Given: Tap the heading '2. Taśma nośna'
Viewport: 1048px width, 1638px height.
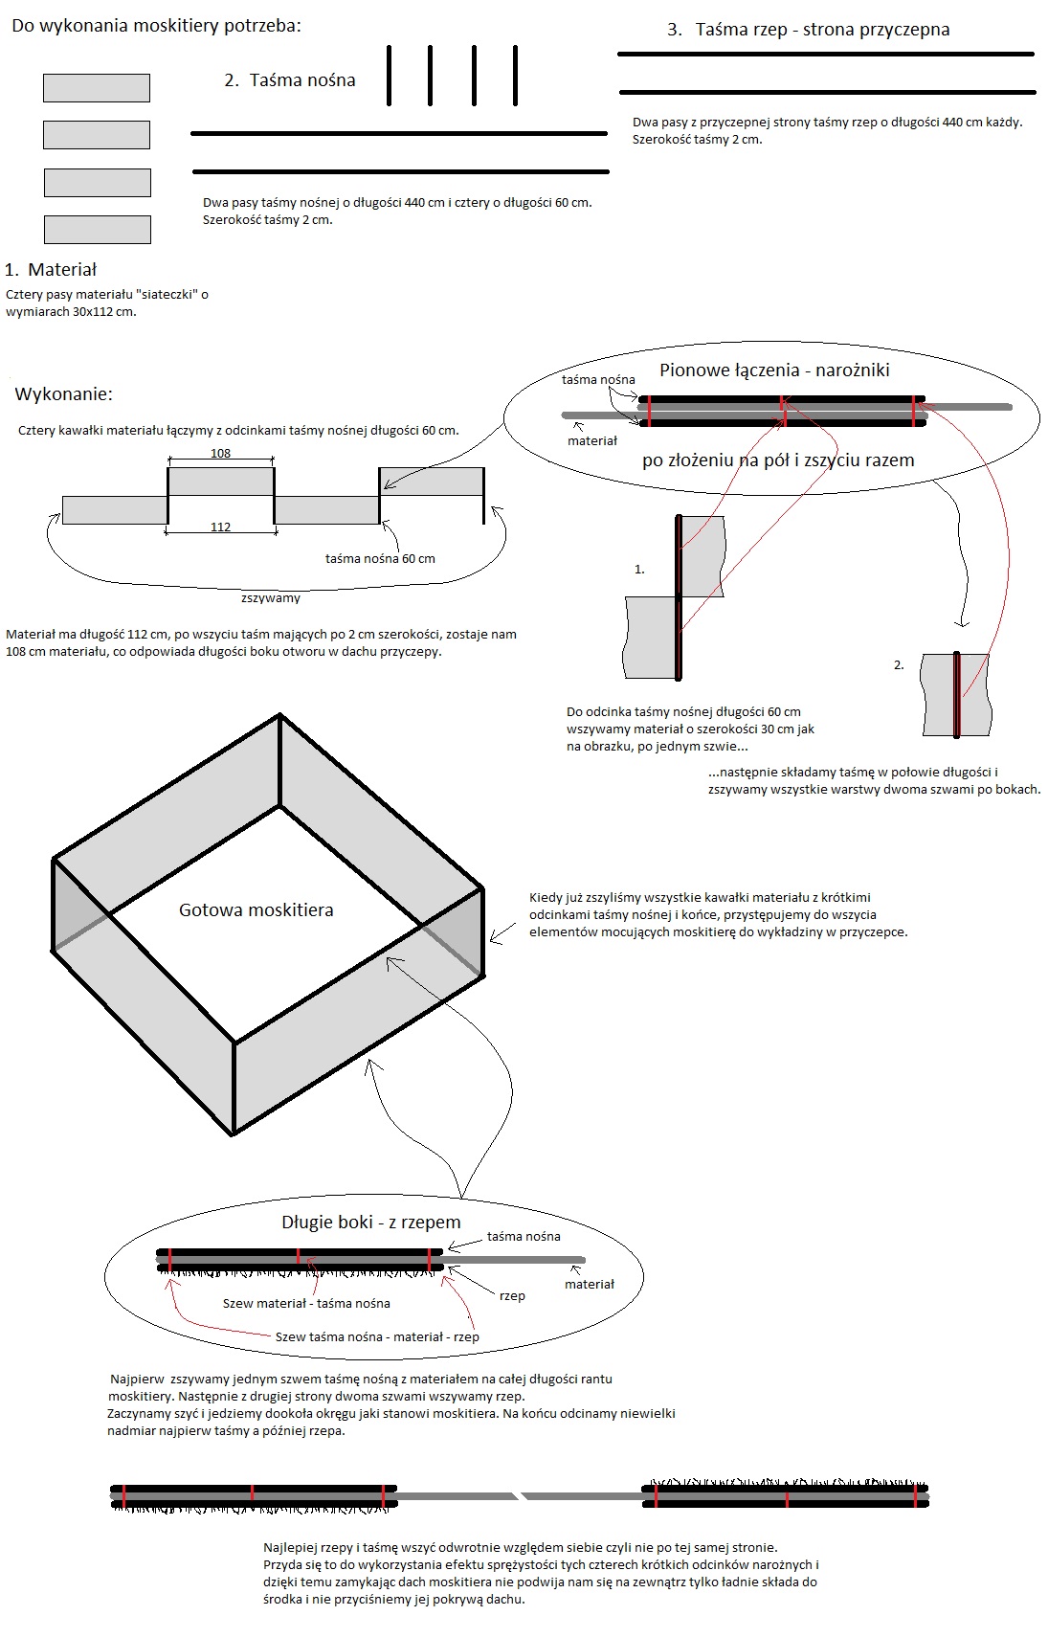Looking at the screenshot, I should click(x=289, y=80).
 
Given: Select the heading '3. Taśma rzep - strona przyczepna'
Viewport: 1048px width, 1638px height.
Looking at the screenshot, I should click(x=808, y=30).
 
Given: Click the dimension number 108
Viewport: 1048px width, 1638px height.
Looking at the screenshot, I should click(x=220, y=454).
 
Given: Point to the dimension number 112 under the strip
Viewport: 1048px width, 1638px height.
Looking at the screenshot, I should click(x=220, y=527).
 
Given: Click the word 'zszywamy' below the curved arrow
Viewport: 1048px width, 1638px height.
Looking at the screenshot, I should click(x=271, y=598).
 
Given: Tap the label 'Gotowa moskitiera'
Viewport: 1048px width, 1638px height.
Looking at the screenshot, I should click(x=256, y=910).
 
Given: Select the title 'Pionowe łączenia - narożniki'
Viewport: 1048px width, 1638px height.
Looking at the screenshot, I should click(x=774, y=370).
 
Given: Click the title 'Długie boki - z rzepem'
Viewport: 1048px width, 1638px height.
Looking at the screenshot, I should click(x=371, y=1223).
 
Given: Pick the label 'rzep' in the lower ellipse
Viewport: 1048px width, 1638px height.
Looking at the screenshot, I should click(x=512, y=1296).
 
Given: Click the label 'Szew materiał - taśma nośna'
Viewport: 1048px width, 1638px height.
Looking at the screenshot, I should click(x=306, y=1304).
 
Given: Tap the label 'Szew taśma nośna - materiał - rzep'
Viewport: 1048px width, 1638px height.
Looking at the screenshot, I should click(x=377, y=1337).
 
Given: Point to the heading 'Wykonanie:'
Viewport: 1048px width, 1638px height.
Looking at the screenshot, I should click(x=64, y=394).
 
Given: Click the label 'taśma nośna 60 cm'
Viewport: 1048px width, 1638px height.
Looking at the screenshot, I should click(x=380, y=559).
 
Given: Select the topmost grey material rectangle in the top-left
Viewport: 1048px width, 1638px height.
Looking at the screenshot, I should click(x=97, y=88).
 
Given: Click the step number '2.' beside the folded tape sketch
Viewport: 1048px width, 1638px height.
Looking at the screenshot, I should click(x=899, y=664).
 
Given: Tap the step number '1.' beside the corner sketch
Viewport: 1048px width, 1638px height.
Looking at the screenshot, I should click(x=639, y=569).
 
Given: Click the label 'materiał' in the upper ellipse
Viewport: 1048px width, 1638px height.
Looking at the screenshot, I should click(x=592, y=440).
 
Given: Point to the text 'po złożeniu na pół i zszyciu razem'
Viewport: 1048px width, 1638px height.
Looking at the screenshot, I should click(x=778, y=460).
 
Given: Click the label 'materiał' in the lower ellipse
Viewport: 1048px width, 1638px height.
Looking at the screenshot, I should click(x=590, y=1285).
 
